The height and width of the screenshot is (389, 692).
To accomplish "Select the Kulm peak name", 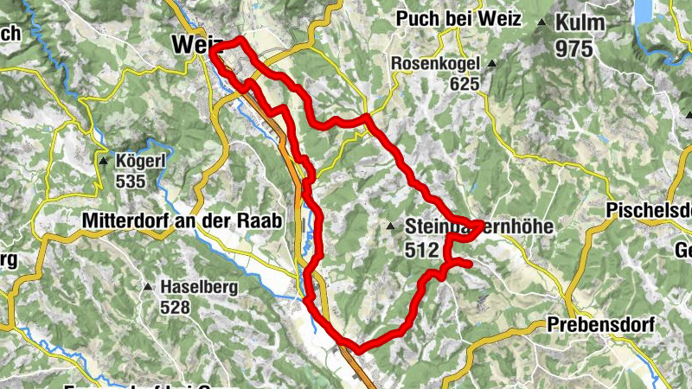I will click(581, 23).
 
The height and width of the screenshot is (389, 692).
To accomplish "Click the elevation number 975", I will click(574, 48).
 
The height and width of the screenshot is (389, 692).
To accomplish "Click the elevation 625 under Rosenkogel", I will click(465, 84).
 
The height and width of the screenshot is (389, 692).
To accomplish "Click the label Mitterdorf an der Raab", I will click(183, 221).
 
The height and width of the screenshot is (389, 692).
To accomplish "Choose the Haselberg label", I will click(199, 286).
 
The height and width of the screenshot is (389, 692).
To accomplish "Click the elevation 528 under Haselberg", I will click(177, 306).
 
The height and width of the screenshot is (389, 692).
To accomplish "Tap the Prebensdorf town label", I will click(600, 325).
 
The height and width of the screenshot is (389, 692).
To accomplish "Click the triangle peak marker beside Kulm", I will click(541, 22).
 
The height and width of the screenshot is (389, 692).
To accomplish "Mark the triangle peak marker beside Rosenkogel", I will click(491, 64).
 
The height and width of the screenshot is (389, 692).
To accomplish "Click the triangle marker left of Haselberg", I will click(148, 287).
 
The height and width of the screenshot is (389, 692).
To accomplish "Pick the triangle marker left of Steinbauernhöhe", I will click(392, 227).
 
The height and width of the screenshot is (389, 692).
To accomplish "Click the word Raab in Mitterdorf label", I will click(260, 221).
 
